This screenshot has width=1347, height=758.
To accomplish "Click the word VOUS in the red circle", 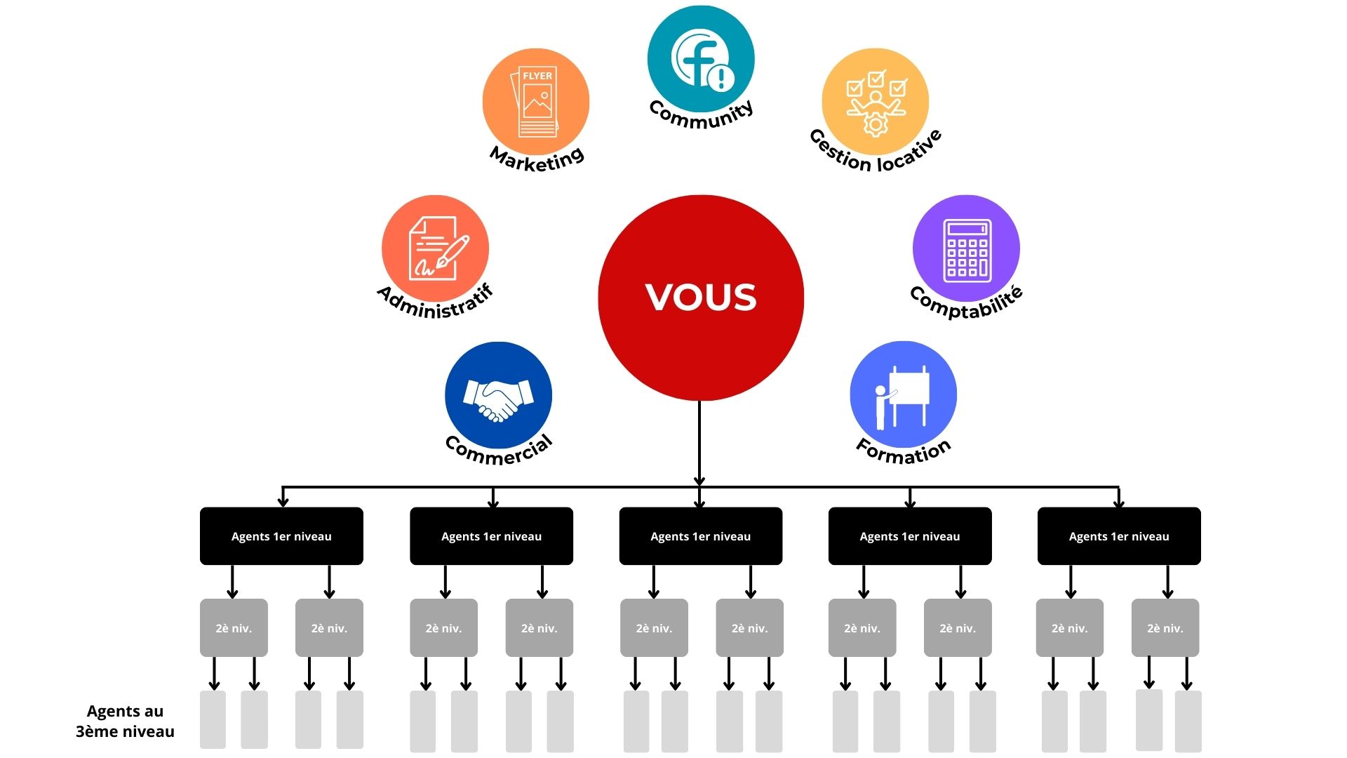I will (x=701, y=297).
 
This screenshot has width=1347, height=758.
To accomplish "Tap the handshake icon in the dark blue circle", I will (x=498, y=399).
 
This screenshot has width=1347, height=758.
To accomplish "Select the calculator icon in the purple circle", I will (x=967, y=250).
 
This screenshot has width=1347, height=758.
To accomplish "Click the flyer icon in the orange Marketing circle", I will (x=537, y=102).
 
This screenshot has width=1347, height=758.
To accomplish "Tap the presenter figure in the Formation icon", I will (x=881, y=407).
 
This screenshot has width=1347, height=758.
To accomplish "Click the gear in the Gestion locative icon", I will (x=876, y=125).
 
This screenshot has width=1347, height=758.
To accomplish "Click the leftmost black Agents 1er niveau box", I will (x=281, y=536).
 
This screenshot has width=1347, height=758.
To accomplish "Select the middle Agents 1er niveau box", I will (x=700, y=536).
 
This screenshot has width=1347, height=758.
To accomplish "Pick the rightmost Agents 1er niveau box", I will (x=1119, y=536).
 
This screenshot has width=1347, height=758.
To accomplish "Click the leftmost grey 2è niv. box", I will (x=234, y=628).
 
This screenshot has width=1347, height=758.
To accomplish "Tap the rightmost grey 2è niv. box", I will (x=1165, y=628).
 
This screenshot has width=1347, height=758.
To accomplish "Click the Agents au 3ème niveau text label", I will (x=125, y=722).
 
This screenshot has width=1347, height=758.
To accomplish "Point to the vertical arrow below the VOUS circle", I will (x=699, y=442).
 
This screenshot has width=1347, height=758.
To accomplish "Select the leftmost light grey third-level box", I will (x=213, y=719).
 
